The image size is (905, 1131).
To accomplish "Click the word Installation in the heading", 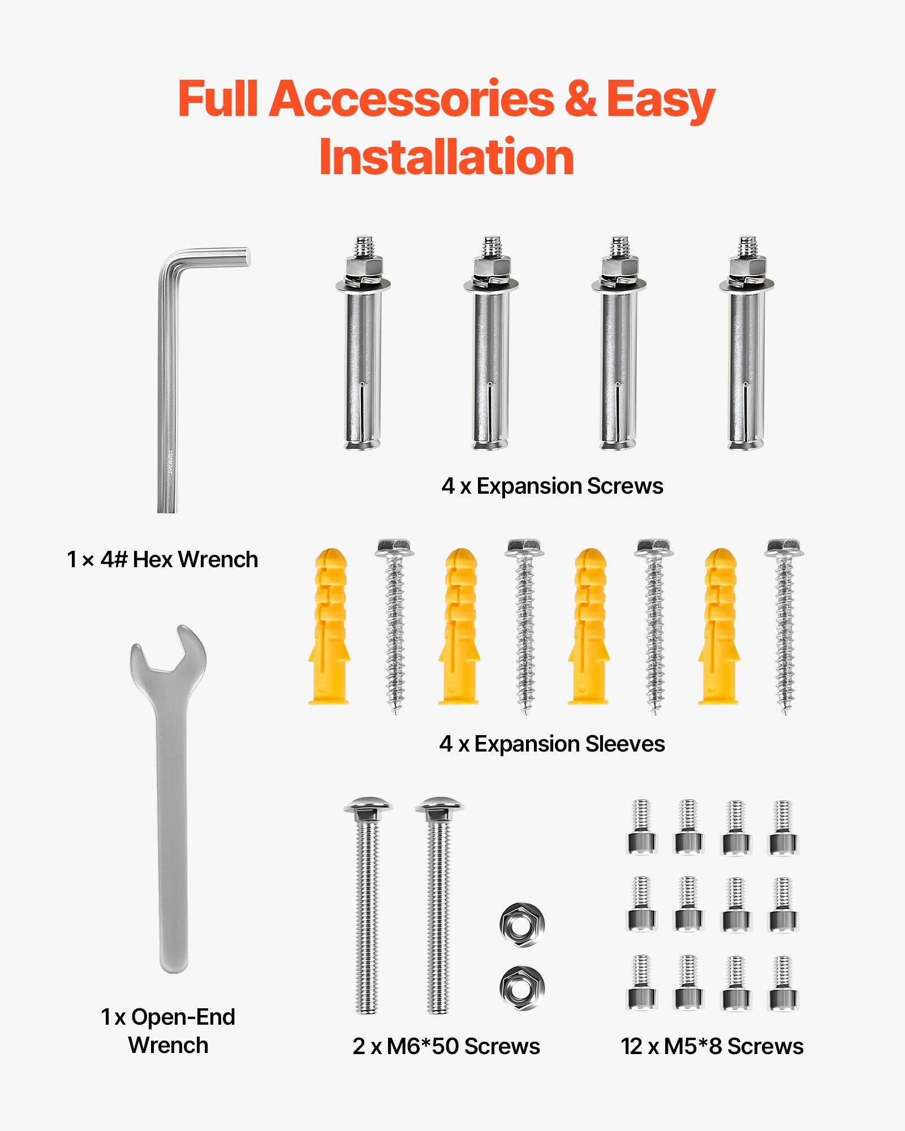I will point(447,158).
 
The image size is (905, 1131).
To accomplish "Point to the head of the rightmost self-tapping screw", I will point(784,547).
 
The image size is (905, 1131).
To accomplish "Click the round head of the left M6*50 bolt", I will point(368,805).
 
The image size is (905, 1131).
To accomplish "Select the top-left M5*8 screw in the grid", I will point(641,827).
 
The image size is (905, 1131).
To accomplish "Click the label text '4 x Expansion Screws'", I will point(552,486).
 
